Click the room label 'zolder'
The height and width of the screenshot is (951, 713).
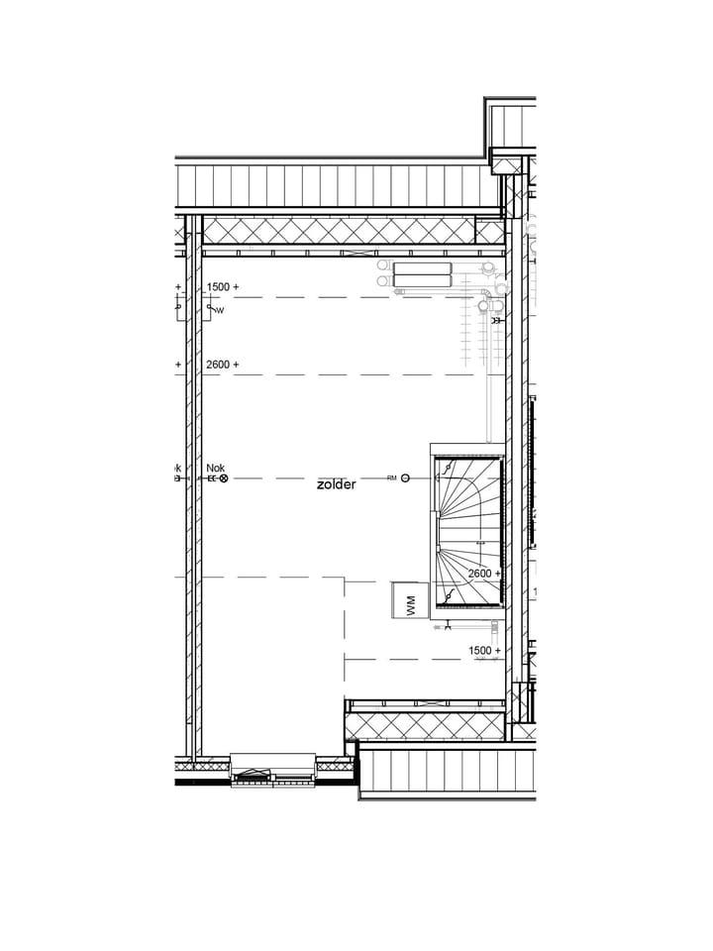pos(336,484)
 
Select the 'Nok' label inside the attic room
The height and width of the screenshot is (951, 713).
pos(216,468)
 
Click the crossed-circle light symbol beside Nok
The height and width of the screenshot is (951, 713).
pos(223,478)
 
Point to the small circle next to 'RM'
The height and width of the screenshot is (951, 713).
pos(406,478)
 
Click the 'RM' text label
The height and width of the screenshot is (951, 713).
pos(392,478)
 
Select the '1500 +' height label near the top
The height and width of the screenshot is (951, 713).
pos(223,287)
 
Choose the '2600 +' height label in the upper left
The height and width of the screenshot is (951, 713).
pos(223,365)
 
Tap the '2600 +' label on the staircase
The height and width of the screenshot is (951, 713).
pos(484,574)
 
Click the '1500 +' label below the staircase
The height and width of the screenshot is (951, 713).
pos(484,651)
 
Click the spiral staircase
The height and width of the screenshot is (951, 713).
pos(468,530)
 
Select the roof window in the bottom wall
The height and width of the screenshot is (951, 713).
pos(272,770)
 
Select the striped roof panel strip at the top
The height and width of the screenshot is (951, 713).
pos(337,185)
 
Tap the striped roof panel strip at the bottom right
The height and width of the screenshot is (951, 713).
pos(446,772)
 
